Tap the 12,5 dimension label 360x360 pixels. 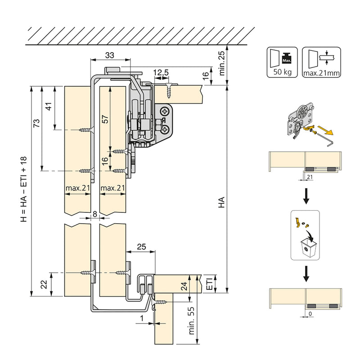[161, 72]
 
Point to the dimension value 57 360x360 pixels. [104, 119]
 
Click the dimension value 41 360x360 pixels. [49, 106]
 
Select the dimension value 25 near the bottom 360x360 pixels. [141, 247]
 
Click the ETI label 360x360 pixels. [209, 283]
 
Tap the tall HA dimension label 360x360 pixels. [221, 202]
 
